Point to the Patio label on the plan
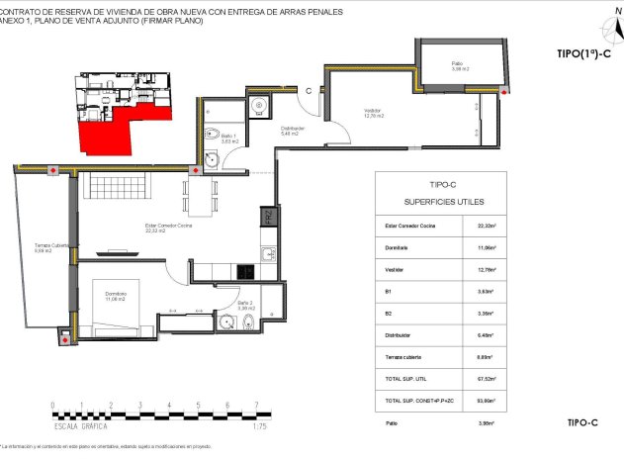(x=457, y=66)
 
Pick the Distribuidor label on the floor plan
(x=292, y=129)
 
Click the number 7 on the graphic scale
(x=257, y=405)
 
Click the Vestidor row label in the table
(x=394, y=269)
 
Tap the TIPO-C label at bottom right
(x=583, y=423)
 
